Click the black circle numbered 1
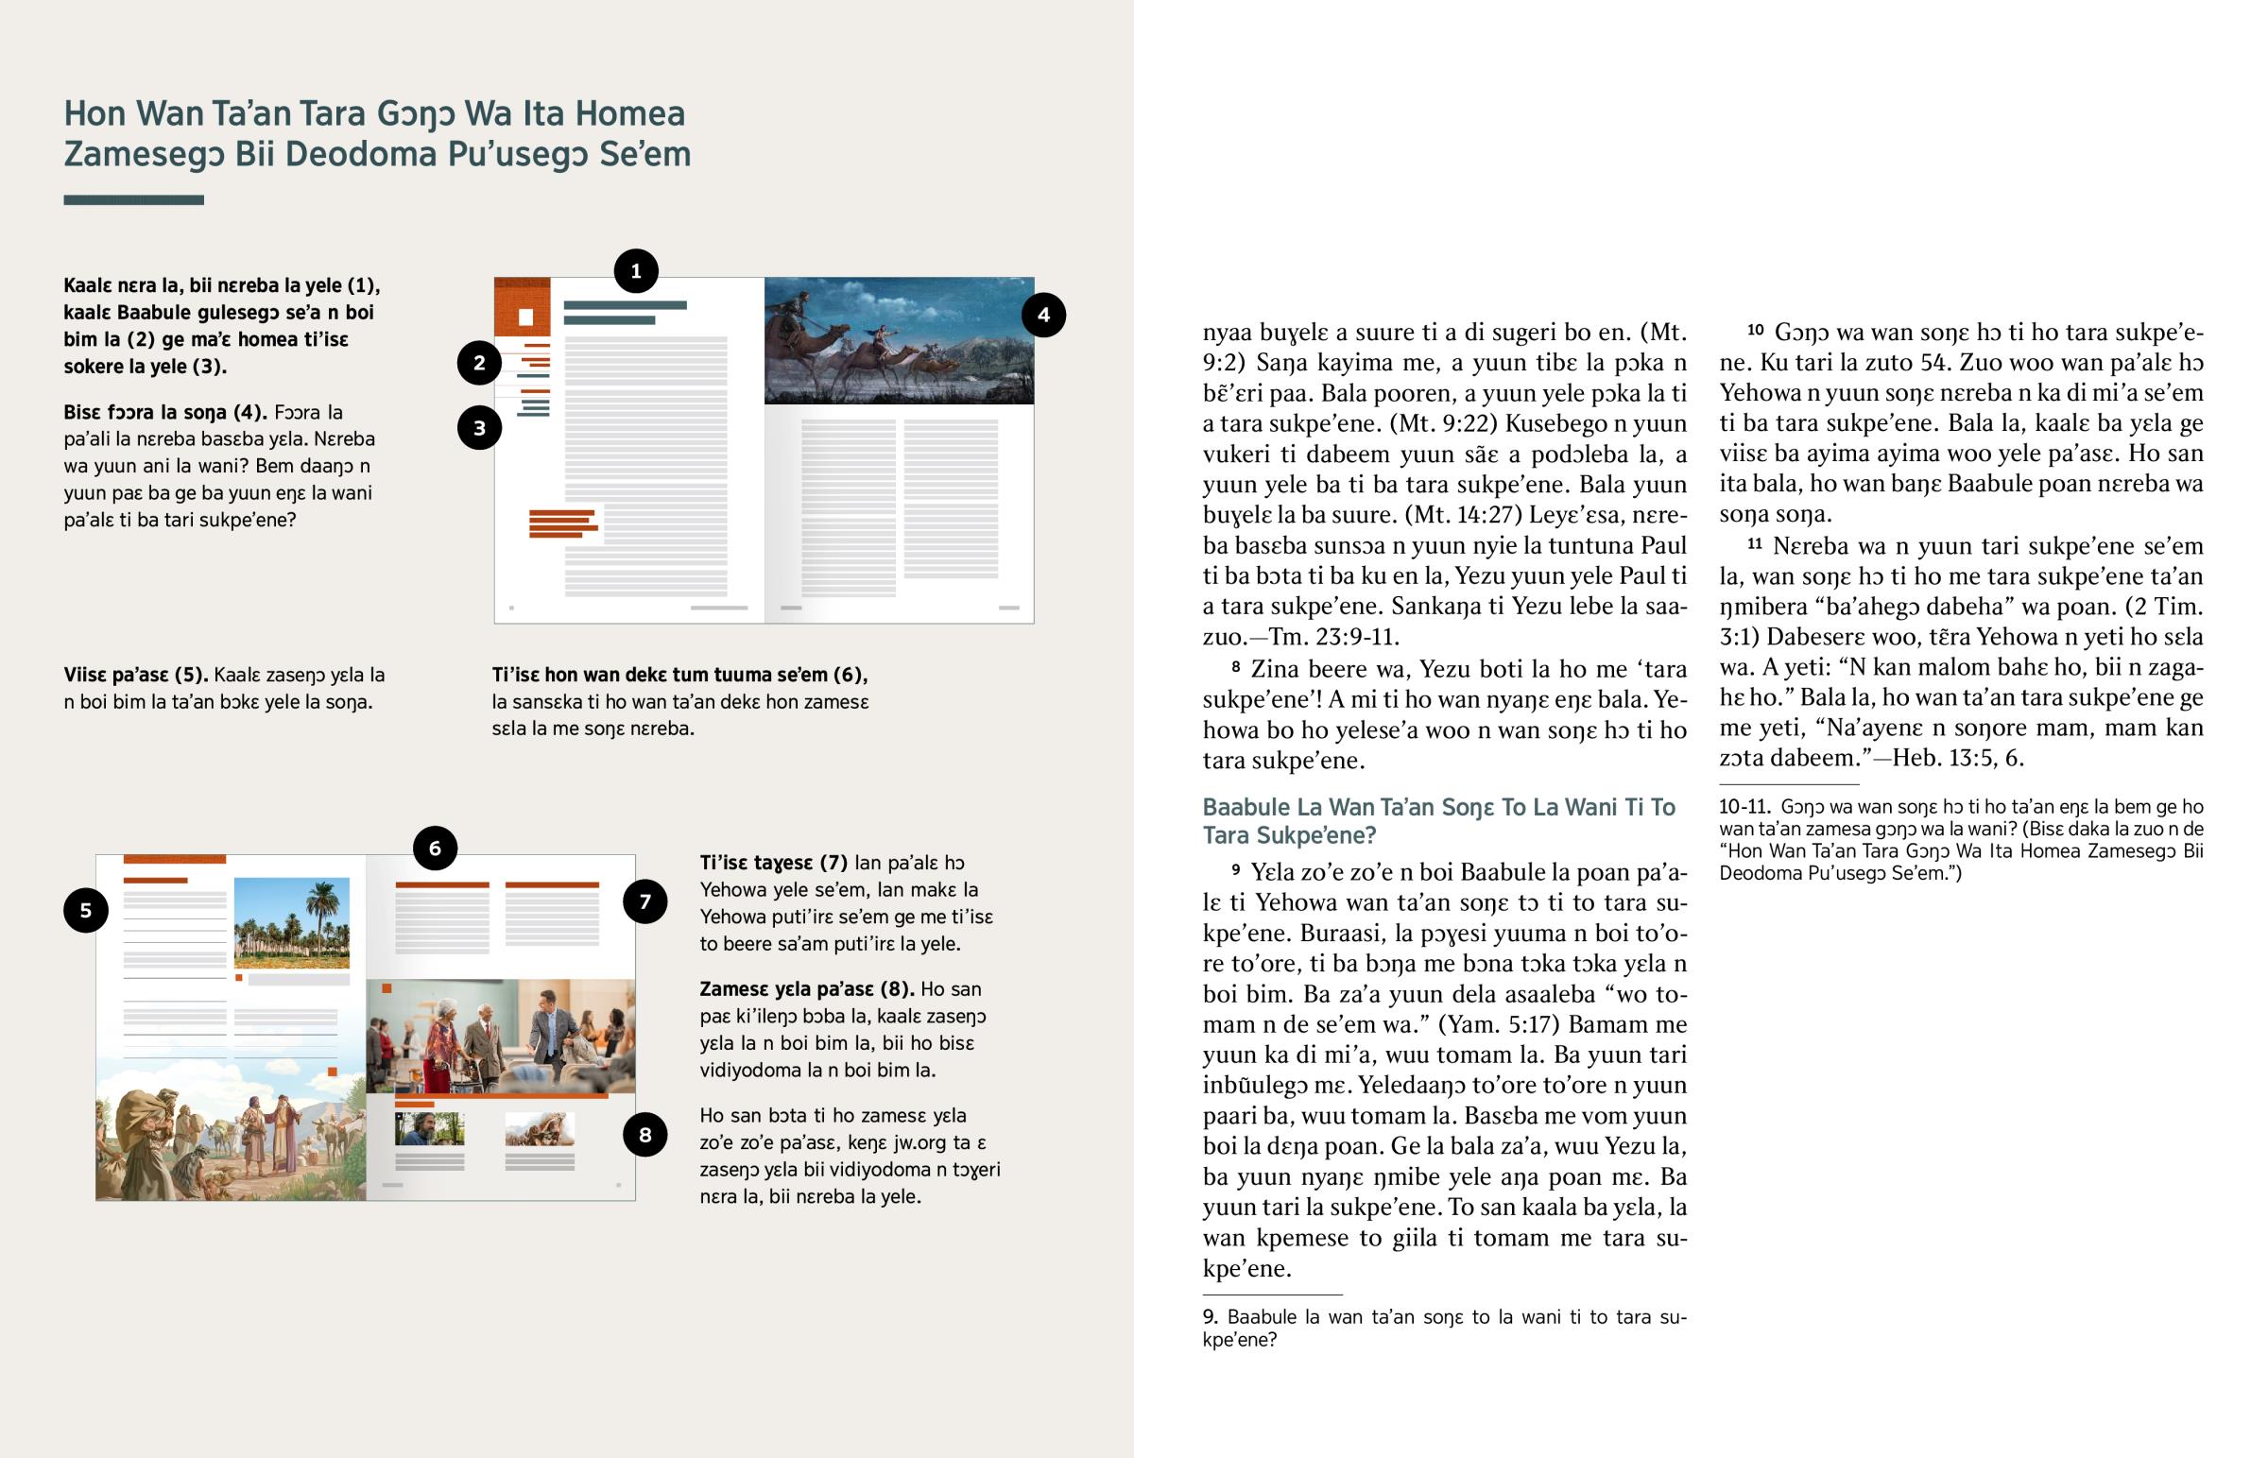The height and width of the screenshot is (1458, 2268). click(x=636, y=272)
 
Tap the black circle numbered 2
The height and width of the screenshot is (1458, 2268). click(x=479, y=363)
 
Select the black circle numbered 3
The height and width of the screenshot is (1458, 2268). click(x=479, y=428)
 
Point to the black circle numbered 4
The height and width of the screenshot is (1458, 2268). click(x=1043, y=316)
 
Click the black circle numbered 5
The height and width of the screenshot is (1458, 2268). click(x=85, y=911)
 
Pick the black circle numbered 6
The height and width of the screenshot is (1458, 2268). click(x=435, y=849)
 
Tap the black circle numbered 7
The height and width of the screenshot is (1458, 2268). click(x=644, y=901)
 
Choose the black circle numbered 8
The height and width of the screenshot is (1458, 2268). click(x=644, y=1135)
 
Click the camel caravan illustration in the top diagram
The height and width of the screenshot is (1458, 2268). click(x=899, y=341)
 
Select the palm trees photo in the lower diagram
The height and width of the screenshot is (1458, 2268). click(x=292, y=922)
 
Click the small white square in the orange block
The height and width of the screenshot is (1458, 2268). click(x=526, y=317)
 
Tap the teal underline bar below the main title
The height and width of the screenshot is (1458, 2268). click(x=133, y=199)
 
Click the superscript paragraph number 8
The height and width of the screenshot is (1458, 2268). click(x=1236, y=666)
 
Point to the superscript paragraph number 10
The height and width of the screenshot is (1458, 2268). click(x=1755, y=330)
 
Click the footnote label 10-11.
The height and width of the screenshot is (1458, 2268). click(x=1744, y=807)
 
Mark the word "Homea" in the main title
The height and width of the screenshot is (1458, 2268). click(x=629, y=113)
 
